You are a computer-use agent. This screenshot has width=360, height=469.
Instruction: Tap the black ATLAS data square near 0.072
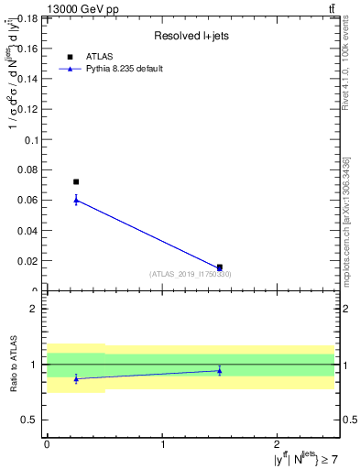(x=76, y=182)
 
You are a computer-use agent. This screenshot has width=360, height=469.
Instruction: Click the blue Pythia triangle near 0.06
(x=76, y=200)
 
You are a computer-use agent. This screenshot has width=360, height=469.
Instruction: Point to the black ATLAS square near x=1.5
(x=219, y=267)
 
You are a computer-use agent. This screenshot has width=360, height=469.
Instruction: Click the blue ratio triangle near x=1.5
(x=219, y=370)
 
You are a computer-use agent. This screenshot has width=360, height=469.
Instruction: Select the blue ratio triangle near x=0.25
(x=76, y=377)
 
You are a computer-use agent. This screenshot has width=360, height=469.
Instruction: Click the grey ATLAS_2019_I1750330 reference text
(x=191, y=274)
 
